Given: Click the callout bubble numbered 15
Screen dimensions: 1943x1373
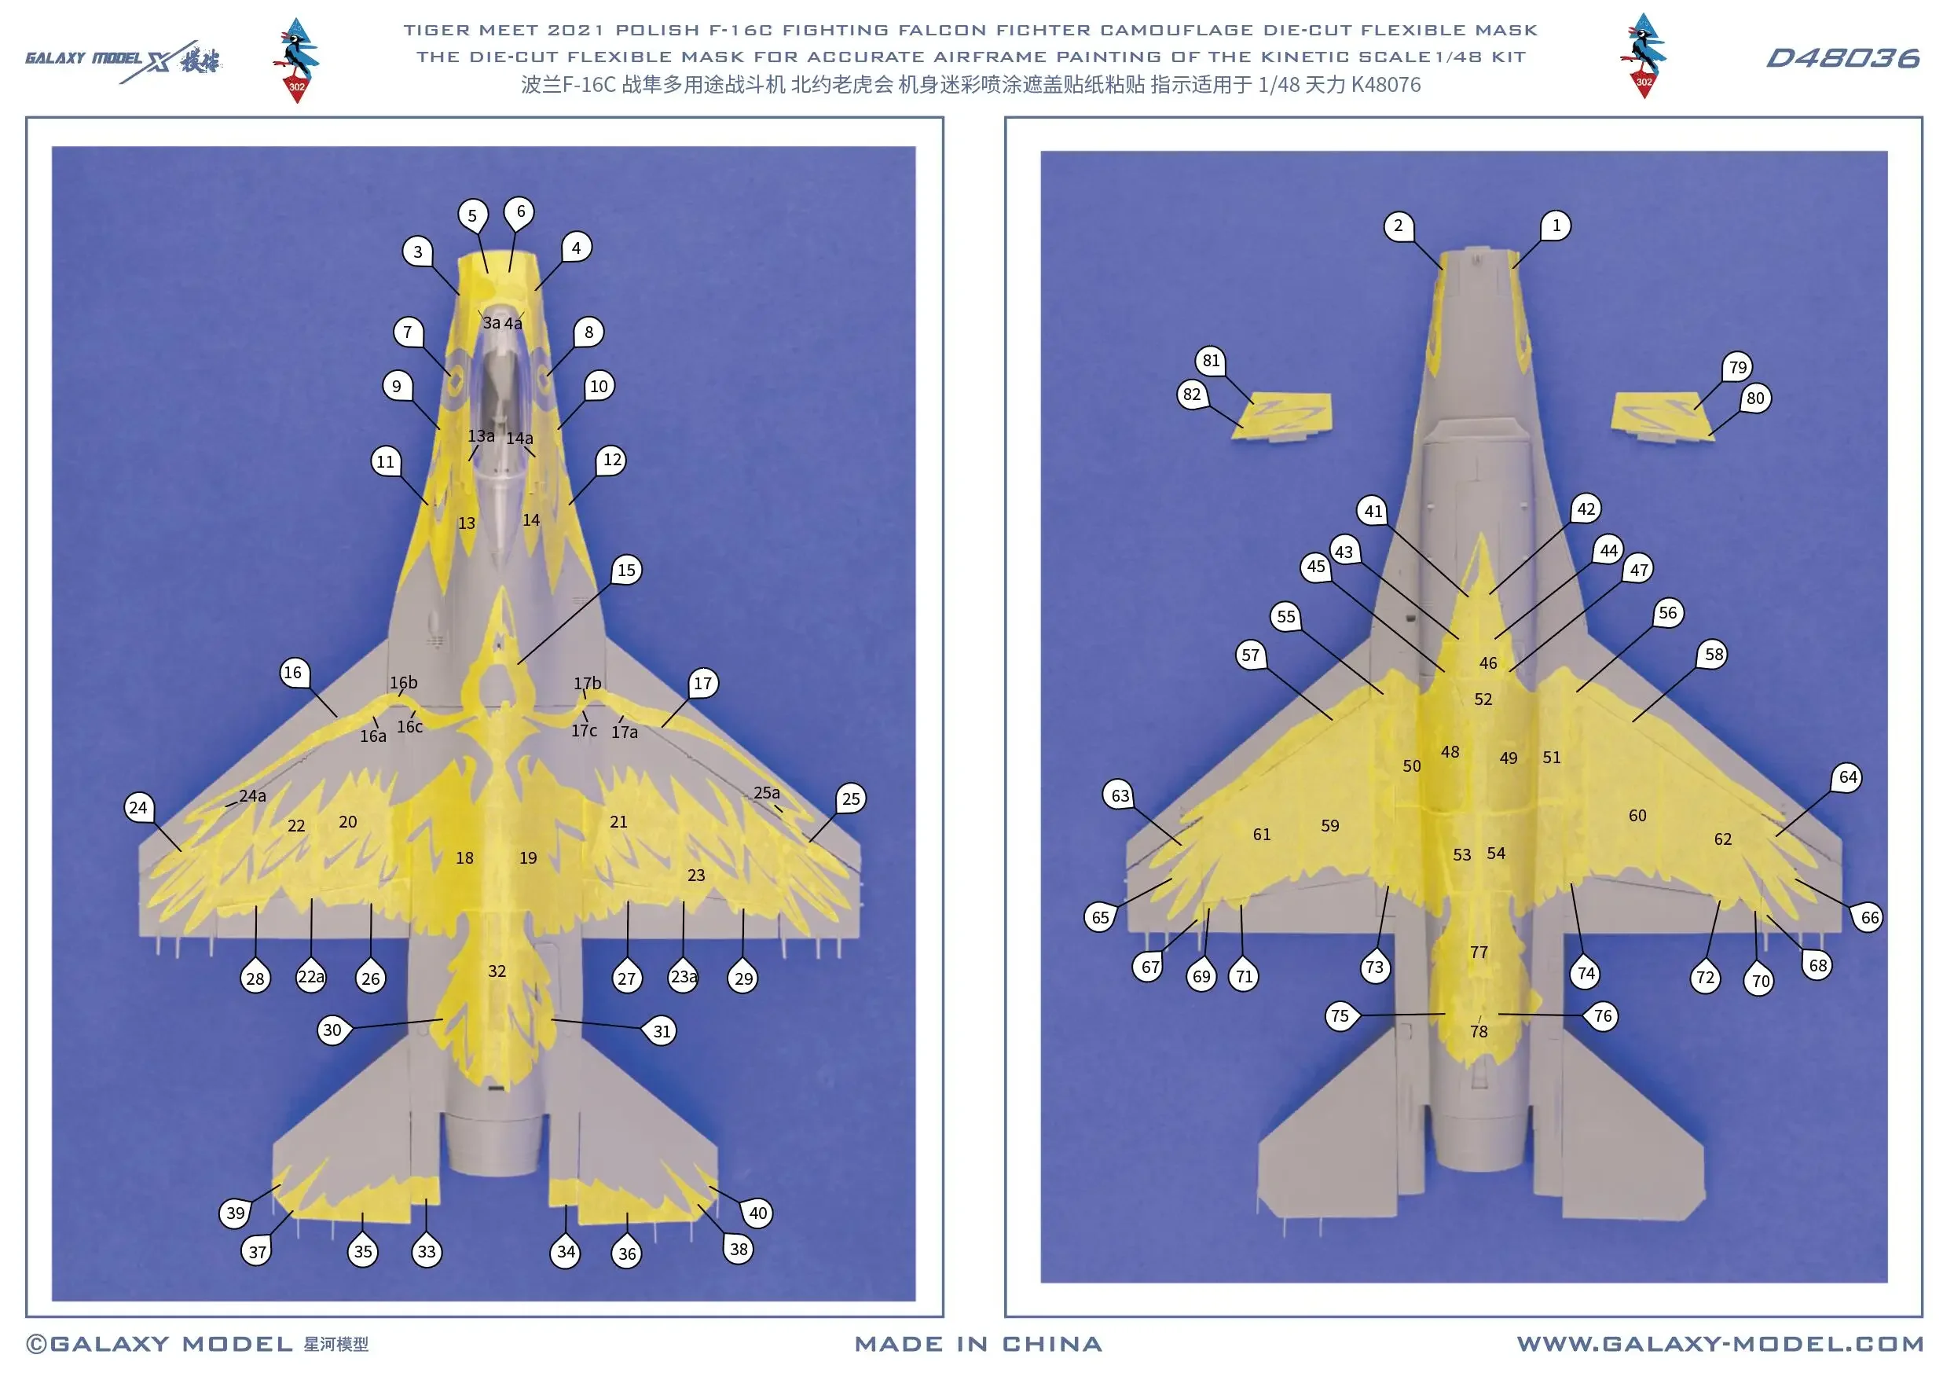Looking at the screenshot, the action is (626, 570).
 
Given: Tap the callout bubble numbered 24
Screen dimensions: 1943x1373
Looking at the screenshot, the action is (138, 806).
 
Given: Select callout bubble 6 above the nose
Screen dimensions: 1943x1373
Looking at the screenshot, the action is (519, 211).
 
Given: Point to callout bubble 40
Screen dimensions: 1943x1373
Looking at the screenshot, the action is (757, 1212).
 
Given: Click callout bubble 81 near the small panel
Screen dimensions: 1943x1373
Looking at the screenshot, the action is (1211, 361).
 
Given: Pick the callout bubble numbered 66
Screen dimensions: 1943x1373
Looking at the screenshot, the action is (1868, 916).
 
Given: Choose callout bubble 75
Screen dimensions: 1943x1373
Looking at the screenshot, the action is (1340, 1015).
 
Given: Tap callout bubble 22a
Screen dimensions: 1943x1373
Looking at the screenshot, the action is (310, 977).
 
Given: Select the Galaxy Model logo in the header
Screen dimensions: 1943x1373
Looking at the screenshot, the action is (123, 59).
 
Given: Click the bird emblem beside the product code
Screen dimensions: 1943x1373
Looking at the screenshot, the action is (1643, 56).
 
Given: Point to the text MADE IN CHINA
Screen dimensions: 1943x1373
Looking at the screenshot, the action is (978, 1343).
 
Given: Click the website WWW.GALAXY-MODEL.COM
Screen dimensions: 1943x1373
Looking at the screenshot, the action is (1719, 1343).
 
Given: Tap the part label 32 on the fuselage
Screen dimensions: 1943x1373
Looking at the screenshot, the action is (497, 971).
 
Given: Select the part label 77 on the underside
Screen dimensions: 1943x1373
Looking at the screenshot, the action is (1479, 952).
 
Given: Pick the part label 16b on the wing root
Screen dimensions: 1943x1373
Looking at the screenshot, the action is (403, 682).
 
